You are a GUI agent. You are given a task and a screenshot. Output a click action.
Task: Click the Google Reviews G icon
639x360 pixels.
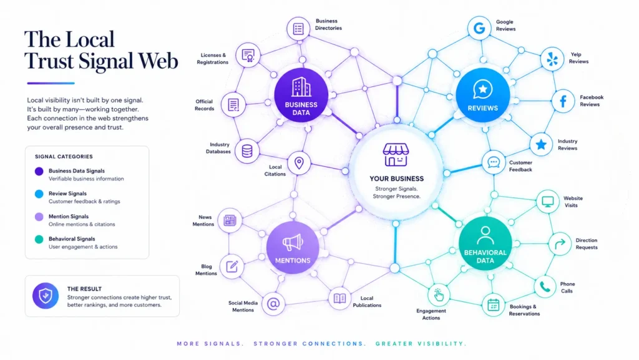pos(479,28)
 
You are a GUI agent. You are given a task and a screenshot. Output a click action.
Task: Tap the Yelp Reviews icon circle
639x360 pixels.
pos(552,59)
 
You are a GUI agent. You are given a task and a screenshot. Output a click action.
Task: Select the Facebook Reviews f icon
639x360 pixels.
pos(563,101)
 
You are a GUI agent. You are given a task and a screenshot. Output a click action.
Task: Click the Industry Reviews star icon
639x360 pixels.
pos(541,144)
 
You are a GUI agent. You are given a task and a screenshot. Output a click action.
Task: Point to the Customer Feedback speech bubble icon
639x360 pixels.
pos(494,162)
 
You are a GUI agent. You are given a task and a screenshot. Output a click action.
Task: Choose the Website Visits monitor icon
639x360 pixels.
pos(548,202)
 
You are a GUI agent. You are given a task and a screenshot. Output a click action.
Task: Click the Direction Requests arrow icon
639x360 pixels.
pos(560,244)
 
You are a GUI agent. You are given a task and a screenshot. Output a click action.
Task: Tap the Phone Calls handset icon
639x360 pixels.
pos(545,287)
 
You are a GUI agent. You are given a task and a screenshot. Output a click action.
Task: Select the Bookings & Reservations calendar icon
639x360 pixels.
pos(494,305)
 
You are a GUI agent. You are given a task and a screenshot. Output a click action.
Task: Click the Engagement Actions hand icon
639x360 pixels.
pos(439,295)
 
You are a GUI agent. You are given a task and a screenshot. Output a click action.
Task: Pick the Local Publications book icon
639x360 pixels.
pos(339,298)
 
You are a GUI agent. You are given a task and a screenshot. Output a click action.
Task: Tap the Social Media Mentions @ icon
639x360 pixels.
pos(273,304)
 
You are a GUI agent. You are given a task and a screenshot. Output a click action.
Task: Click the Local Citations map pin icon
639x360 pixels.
pos(299,163)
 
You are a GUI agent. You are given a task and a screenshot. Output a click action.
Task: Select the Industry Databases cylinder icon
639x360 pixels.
pos(247,151)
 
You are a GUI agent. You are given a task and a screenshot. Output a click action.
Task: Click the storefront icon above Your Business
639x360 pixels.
pos(396,155)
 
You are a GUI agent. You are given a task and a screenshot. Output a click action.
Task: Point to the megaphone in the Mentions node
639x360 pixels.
pos(293,242)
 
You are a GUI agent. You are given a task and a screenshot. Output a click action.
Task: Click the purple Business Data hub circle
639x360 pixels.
pos(301,95)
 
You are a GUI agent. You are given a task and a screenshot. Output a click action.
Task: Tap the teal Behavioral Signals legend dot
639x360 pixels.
pos(39,239)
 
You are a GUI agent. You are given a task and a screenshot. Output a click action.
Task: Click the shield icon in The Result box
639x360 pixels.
pos(45,296)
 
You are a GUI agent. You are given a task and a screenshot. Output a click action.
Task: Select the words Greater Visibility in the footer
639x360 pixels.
pos(421,344)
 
